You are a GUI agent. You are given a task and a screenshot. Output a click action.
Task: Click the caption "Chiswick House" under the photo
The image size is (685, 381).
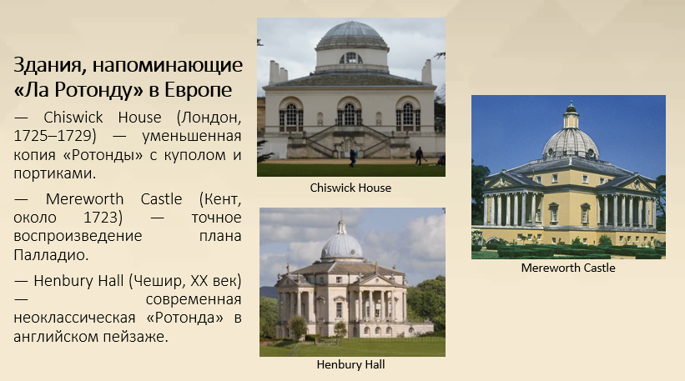(x=350, y=188)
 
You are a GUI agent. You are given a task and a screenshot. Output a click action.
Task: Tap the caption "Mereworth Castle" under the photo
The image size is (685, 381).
(x=568, y=268)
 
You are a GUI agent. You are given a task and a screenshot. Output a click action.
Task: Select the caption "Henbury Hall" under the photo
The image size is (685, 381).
(x=350, y=364)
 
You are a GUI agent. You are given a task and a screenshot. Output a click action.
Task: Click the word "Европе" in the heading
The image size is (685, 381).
(x=199, y=90)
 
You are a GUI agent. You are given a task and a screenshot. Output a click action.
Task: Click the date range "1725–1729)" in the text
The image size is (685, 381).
(x=54, y=136)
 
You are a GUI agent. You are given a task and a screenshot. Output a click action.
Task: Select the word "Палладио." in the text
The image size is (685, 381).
(x=51, y=255)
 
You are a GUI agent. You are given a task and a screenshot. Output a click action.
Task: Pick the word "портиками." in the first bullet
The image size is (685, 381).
(x=54, y=173)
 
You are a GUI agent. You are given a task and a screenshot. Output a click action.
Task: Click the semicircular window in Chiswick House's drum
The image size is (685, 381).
(x=350, y=58)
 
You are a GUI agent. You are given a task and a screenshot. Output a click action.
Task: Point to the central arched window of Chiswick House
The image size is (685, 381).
(x=349, y=114)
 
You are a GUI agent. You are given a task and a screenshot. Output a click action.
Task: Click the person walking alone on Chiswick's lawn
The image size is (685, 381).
(x=419, y=156)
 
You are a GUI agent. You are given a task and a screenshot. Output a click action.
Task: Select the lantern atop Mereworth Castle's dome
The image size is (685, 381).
(x=571, y=115)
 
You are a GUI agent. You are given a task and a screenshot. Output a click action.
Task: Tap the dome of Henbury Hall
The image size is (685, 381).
(x=342, y=246)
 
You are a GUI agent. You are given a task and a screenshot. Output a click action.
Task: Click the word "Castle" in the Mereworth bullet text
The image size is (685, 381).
(x=161, y=199)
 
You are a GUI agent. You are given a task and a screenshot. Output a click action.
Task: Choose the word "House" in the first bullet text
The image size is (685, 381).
(x=140, y=118)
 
